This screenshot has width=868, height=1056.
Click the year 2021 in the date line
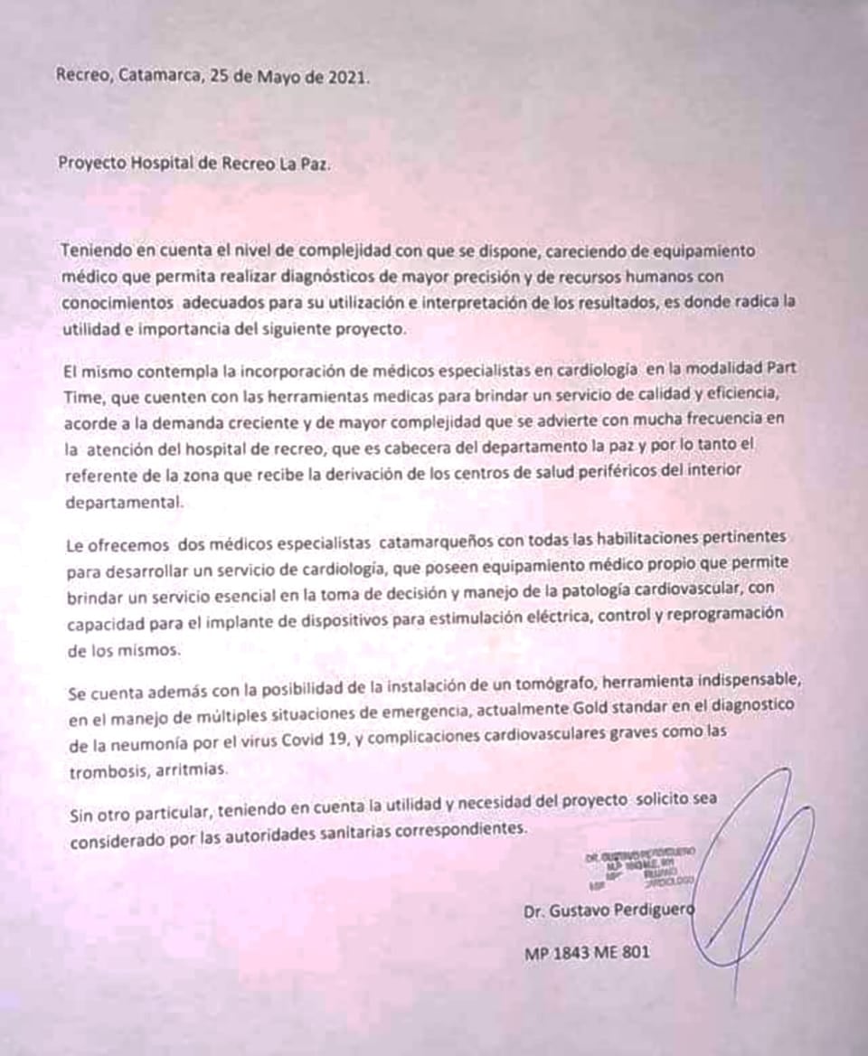click(348, 77)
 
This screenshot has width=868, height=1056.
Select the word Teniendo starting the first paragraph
click(98, 250)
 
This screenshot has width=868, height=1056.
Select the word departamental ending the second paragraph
click(123, 504)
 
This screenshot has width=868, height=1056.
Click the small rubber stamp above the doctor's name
click(640, 869)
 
